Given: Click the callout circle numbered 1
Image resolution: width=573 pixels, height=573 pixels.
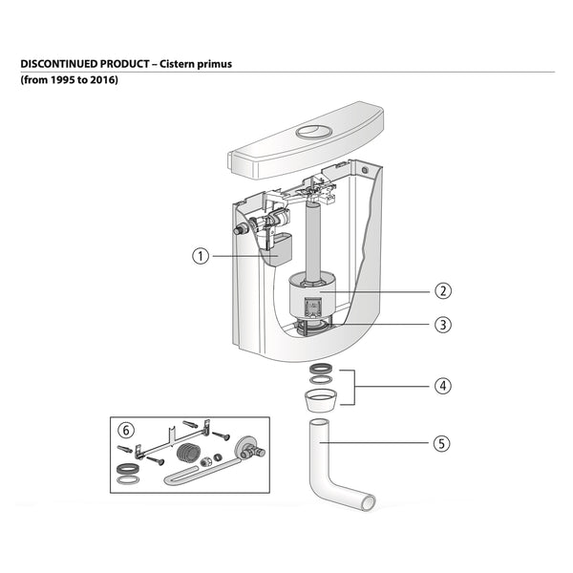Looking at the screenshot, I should click(x=200, y=256).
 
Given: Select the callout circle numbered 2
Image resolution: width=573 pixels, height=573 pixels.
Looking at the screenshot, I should click(x=442, y=290).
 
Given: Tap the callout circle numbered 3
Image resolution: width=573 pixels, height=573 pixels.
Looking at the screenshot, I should click(x=442, y=325).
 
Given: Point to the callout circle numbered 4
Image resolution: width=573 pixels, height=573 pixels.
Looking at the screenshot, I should click(x=442, y=387).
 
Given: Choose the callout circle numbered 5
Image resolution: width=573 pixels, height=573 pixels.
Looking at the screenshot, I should click(x=442, y=443).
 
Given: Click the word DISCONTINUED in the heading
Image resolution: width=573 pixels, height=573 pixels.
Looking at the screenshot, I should click(x=66, y=63).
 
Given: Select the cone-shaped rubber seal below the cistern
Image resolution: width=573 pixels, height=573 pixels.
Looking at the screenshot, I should click(x=321, y=397).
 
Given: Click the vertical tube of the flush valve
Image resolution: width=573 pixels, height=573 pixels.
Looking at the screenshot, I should click(x=311, y=238).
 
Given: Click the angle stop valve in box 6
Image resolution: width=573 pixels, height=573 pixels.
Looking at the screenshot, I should click(x=250, y=448).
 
